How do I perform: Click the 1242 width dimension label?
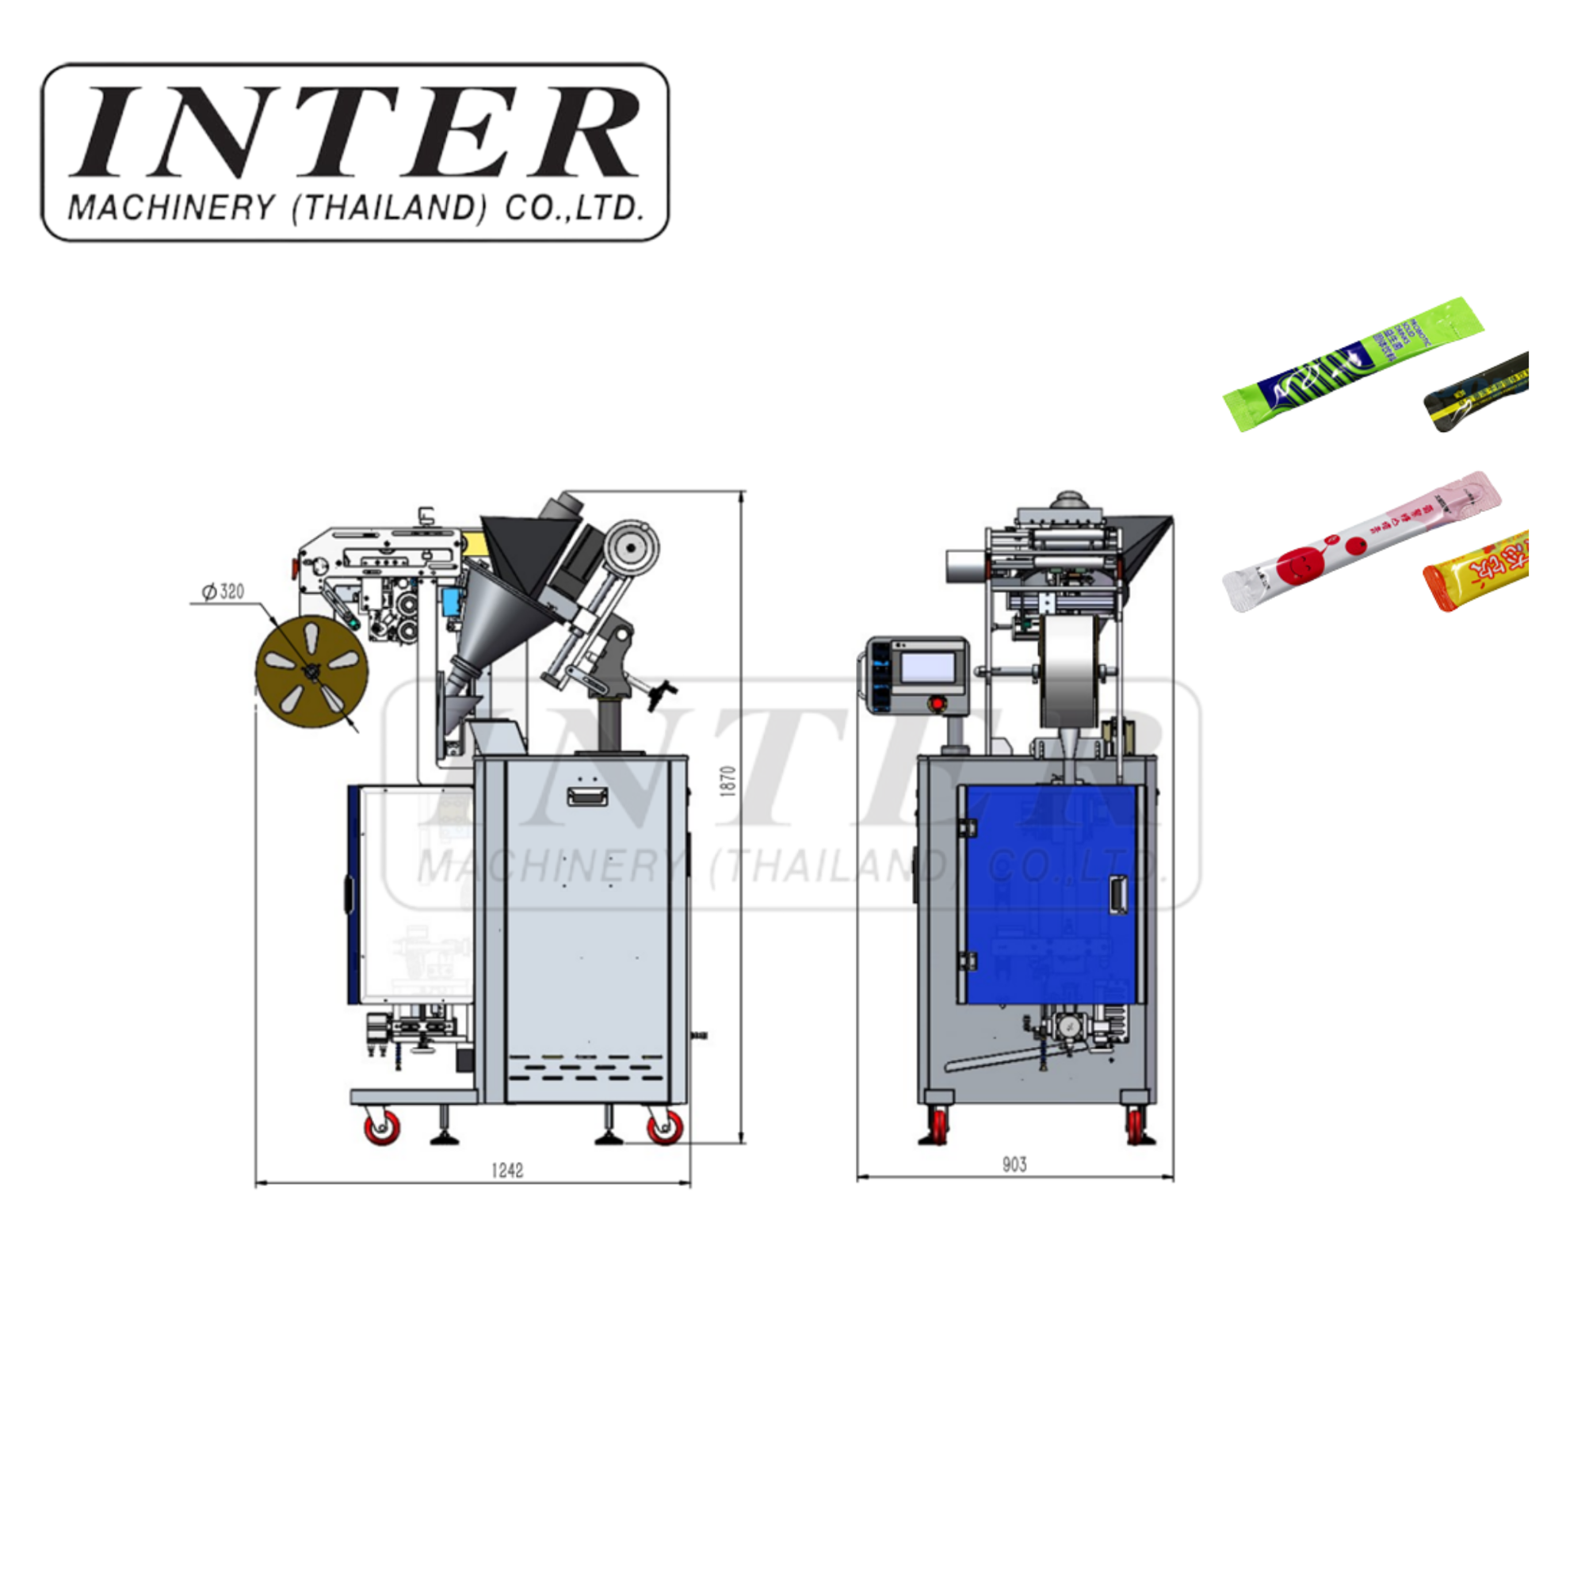507,1171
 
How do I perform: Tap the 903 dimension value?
1014,1164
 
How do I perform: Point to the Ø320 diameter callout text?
223,591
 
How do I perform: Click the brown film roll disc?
311,671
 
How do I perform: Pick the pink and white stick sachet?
1360,540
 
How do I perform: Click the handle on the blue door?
1117,893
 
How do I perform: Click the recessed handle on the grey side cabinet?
587,795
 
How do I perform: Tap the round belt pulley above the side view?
631,546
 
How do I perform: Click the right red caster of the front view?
1136,1125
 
